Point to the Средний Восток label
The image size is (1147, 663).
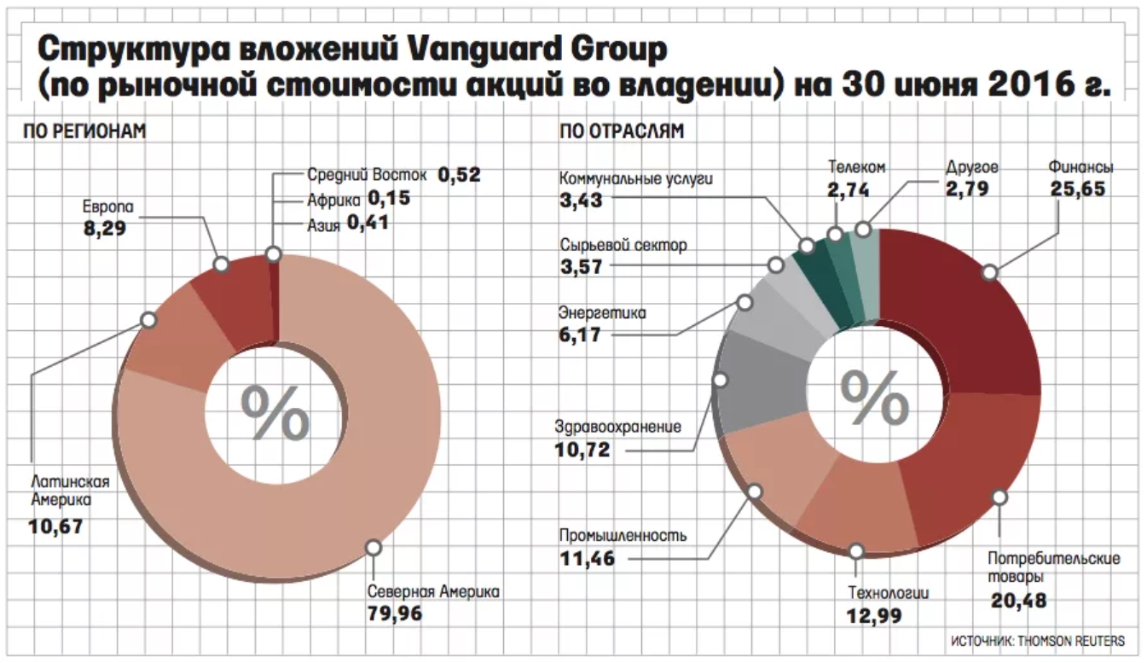(366, 176)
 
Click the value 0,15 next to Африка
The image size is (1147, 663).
(389, 198)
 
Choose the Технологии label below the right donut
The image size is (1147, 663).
(887, 594)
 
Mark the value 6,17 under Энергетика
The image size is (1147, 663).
(581, 335)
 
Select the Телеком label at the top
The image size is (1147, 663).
(855, 166)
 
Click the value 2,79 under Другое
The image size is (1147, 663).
(967, 189)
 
